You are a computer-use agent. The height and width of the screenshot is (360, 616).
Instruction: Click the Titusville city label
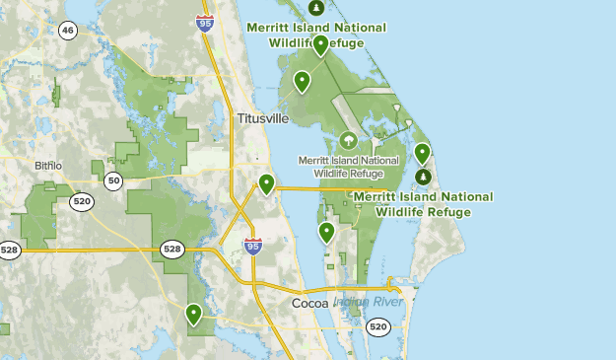[263, 118]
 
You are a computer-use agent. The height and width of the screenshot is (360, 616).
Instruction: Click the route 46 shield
[67, 31]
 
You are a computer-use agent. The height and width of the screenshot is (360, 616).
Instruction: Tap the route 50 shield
[114, 180]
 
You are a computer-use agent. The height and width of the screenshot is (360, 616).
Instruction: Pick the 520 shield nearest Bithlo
[83, 201]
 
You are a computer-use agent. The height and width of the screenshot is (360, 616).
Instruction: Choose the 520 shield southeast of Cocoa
[377, 326]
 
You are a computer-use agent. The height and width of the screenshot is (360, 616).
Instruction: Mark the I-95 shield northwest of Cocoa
[253, 247]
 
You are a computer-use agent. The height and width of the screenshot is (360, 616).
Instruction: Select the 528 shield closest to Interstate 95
[172, 250]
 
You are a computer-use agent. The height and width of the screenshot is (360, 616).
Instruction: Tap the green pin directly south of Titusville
[266, 183]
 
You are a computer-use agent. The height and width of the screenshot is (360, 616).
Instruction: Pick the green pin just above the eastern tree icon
[422, 153]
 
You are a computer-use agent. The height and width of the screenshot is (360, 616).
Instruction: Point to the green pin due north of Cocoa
[326, 232]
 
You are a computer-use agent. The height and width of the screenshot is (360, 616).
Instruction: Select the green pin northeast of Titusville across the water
[302, 81]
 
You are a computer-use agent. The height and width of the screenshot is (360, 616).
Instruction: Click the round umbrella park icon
[349, 141]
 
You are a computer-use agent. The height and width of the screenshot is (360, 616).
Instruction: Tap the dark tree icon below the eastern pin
[423, 177]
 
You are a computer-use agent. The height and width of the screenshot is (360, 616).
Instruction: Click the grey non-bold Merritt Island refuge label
[349, 166]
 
